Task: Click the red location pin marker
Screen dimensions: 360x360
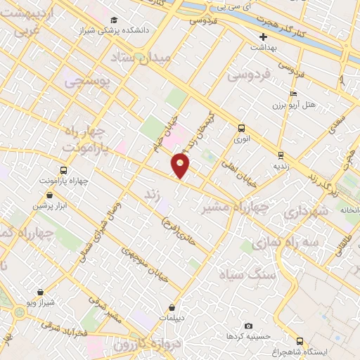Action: [181, 166]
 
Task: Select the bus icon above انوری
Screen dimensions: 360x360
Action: [241, 128]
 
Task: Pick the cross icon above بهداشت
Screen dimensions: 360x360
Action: [264, 37]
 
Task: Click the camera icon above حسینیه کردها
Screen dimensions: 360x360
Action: [248, 326]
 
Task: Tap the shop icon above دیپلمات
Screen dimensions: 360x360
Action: [172, 307]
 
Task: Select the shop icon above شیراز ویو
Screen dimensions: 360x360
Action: [41, 291]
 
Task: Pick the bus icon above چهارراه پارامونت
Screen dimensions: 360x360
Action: [64, 170]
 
